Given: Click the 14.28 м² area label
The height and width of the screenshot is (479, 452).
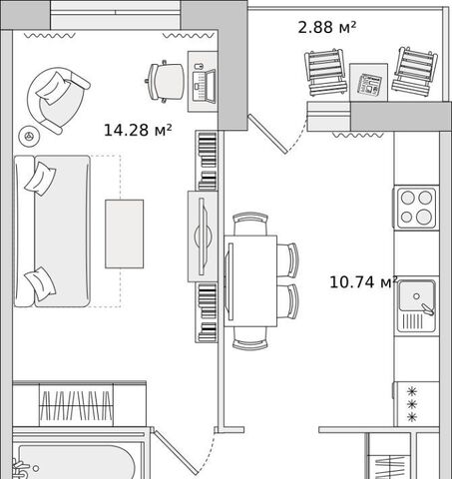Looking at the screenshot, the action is (138, 130).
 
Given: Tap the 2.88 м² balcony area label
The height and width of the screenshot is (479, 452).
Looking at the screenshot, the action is (326, 27).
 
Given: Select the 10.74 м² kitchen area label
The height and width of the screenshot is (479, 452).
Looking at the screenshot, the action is (363, 282).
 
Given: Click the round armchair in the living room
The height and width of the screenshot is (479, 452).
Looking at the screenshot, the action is (58, 101).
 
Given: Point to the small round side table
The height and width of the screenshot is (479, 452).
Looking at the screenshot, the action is (29, 136).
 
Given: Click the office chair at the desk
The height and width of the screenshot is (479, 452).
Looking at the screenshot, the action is (165, 82).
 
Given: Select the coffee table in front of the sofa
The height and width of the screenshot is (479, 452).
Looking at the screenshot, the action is (125, 234).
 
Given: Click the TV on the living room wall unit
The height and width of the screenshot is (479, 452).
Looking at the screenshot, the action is (203, 237).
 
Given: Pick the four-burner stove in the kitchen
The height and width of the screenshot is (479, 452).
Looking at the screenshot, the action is (416, 208).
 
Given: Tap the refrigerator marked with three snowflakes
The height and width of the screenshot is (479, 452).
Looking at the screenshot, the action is (416, 404).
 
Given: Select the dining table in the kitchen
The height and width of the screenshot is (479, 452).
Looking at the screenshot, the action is (250, 281).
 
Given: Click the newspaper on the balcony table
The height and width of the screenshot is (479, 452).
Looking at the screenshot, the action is (369, 84).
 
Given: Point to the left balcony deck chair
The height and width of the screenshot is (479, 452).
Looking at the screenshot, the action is (325, 73).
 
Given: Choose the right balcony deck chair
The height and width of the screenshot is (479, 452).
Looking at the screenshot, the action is (414, 71).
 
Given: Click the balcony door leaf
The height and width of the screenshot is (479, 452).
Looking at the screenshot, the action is (267, 134).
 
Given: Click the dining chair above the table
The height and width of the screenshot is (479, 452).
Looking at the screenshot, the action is (250, 224).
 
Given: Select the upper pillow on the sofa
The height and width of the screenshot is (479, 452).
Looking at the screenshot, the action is (40, 179).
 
